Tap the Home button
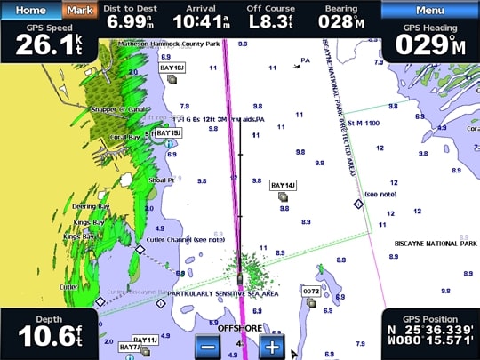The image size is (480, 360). (30, 10)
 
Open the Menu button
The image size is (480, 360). (430, 10)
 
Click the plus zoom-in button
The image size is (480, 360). (272, 347)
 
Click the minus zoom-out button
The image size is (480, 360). (207, 347)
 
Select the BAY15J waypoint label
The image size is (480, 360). (168, 132)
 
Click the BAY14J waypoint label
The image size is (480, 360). (283, 185)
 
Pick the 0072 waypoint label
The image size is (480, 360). (310, 291)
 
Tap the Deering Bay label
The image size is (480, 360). (89, 206)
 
